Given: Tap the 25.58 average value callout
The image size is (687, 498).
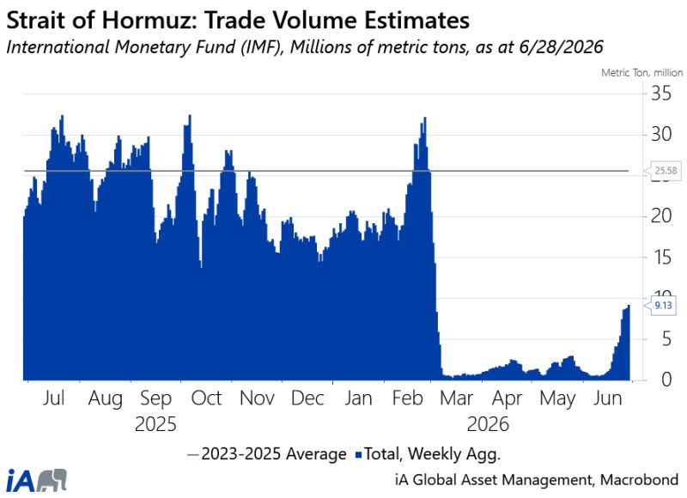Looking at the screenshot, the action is pos(665,171).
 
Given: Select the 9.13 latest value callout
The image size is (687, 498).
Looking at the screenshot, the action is pos(663,306).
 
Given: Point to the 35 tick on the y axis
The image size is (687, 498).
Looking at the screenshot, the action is pos(660,94).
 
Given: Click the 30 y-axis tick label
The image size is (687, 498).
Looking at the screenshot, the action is pos(660,134).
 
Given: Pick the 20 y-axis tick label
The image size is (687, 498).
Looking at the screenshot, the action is pos(660,216).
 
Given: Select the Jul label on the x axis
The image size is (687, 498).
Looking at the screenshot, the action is pos(53,398).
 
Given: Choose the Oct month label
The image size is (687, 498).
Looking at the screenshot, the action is pos(206,398).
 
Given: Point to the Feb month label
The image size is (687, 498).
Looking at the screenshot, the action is pos(407,398).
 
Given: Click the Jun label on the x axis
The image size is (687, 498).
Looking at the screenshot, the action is pos(607,398).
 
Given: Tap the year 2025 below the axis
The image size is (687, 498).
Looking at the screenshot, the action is pos(155,424).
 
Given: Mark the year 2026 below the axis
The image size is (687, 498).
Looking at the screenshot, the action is pos(488,424).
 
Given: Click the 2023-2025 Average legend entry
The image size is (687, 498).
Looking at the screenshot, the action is pos(266,453).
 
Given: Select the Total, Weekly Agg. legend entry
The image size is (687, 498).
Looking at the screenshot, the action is pos(428,453).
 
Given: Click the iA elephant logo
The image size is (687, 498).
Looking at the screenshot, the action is pos(37,481).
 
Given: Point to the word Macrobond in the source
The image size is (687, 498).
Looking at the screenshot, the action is pos(639,480).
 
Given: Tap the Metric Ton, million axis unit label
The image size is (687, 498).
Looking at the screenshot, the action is pos(641,73).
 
